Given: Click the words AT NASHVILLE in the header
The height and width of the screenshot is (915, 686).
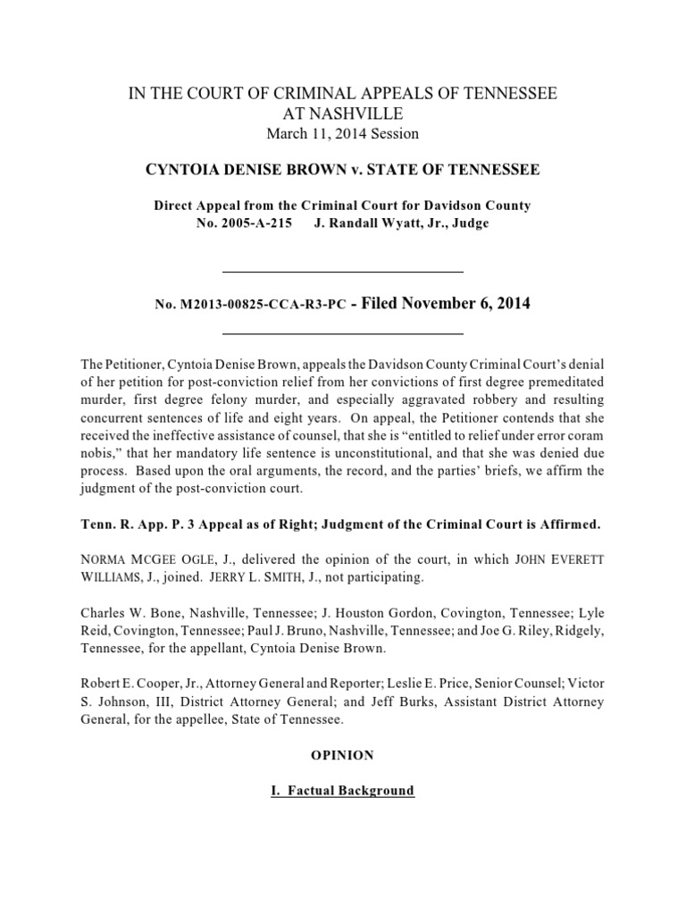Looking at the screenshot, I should coord(342,113).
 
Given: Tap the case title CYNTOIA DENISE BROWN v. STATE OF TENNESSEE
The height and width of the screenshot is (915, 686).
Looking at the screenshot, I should coord(342,169).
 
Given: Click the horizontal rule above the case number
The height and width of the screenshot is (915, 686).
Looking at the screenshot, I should coord(342,271).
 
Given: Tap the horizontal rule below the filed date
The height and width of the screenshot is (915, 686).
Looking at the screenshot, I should coord(342,334).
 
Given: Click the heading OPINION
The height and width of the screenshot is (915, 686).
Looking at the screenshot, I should coord(342,755).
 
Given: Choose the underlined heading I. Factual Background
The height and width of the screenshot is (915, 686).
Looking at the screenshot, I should coord(342,791).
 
